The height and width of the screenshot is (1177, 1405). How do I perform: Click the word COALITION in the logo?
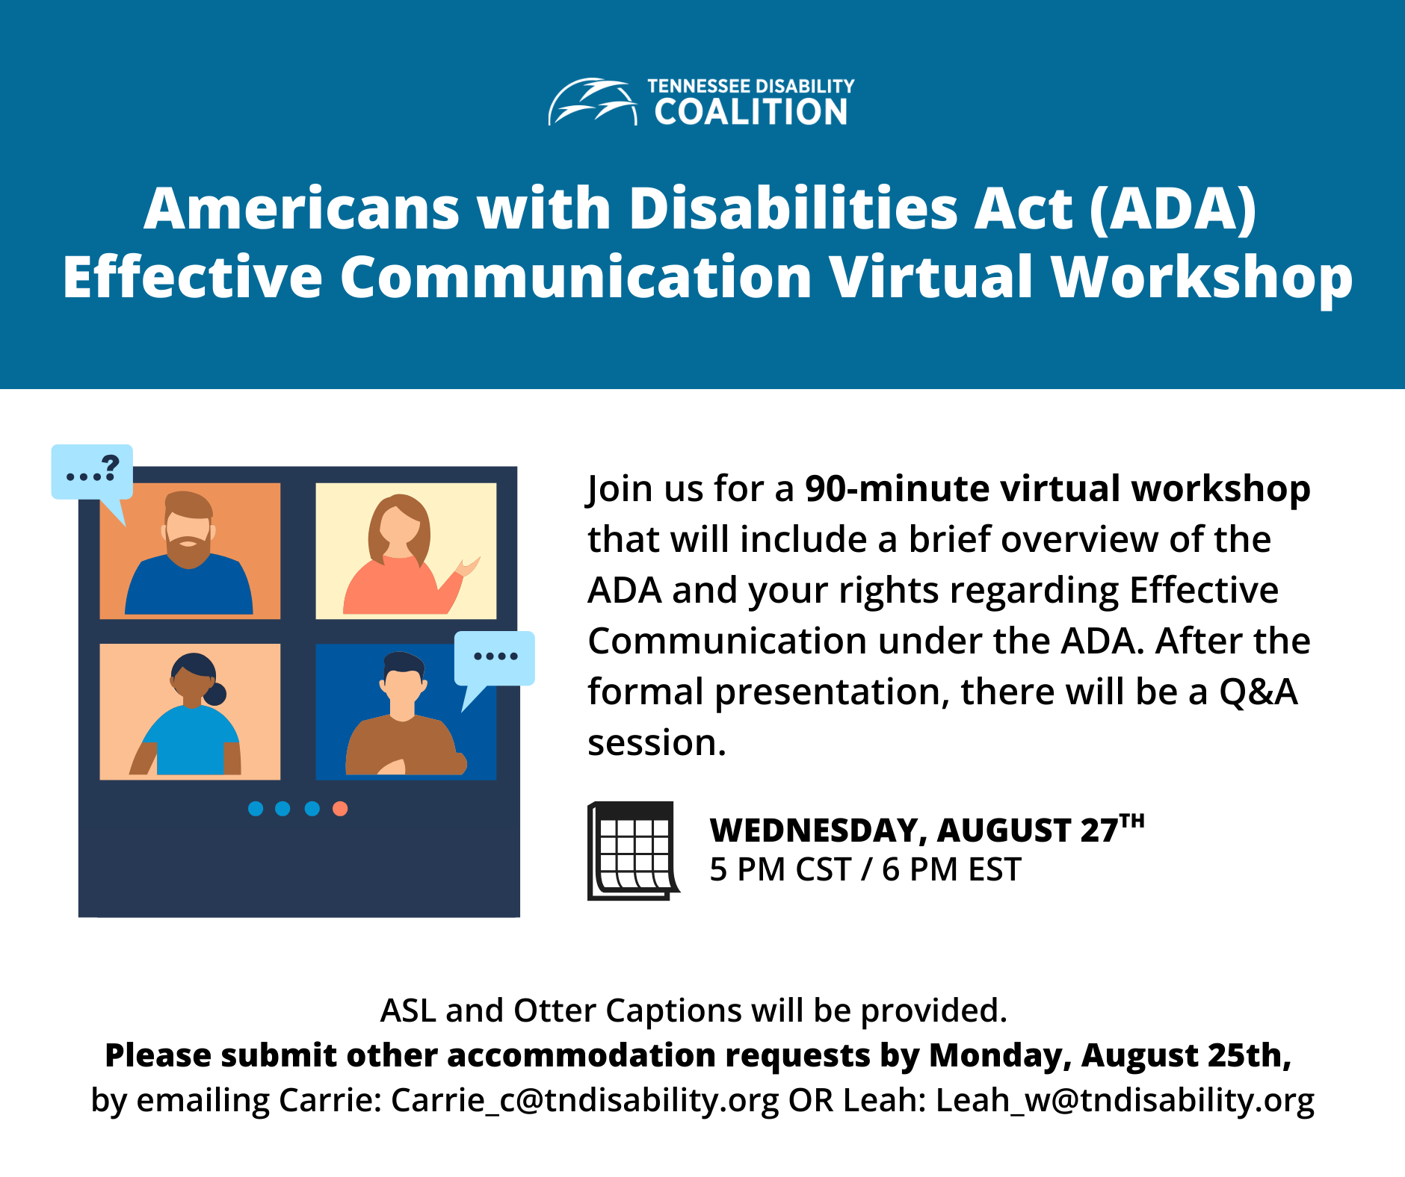[751, 113]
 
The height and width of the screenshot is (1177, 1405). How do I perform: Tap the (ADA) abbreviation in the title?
[1173, 208]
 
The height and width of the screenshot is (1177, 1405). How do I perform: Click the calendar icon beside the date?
[633, 851]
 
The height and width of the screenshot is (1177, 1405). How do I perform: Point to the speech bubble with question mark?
[92, 473]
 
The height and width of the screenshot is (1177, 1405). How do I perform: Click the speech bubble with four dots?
[495, 658]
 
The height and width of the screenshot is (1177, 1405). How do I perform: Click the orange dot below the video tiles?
[340, 809]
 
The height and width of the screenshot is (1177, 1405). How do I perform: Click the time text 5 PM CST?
[780, 870]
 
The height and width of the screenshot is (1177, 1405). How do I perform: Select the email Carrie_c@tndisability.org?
[584, 1100]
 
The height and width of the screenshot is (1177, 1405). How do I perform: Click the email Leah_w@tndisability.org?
[1125, 1100]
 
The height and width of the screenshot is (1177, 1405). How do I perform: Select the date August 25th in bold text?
[1185, 1055]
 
